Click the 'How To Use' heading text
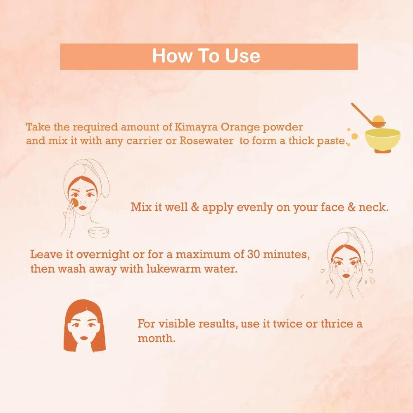[x=206, y=56]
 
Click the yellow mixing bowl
[x=382, y=139]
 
